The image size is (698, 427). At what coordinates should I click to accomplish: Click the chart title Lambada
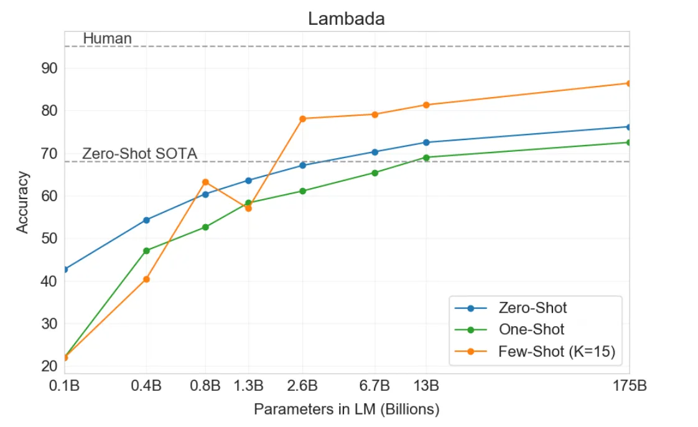pyautogui.click(x=347, y=19)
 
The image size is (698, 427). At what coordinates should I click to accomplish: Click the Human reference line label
pyautogui.click(x=107, y=39)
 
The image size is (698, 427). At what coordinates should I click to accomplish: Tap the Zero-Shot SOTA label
pyautogui.click(x=140, y=153)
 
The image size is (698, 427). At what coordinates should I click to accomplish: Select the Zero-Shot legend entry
pyautogui.click(x=533, y=307)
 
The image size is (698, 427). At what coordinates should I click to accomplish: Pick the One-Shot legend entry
pyautogui.click(x=531, y=330)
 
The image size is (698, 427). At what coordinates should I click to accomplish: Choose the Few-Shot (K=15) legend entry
pyautogui.click(x=556, y=352)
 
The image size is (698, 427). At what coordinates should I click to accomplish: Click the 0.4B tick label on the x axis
pyautogui.click(x=146, y=386)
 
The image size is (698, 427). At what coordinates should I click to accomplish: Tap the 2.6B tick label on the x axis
pyautogui.click(x=302, y=386)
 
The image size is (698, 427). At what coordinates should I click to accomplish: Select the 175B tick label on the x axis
pyautogui.click(x=629, y=386)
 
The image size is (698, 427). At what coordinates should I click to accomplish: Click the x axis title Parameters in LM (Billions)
pyautogui.click(x=347, y=410)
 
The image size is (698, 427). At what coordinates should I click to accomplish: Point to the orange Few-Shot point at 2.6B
pyautogui.click(x=302, y=118)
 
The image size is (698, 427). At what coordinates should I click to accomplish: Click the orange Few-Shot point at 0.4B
pyautogui.click(x=146, y=279)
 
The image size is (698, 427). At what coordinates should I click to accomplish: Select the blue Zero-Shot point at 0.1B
pyautogui.click(x=65, y=269)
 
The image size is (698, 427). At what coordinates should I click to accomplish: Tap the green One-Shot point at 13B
pyautogui.click(x=426, y=157)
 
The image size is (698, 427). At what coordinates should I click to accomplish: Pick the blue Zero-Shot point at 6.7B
pyautogui.click(x=375, y=152)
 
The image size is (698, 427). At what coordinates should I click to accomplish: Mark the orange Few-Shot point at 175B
pyautogui.click(x=628, y=83)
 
